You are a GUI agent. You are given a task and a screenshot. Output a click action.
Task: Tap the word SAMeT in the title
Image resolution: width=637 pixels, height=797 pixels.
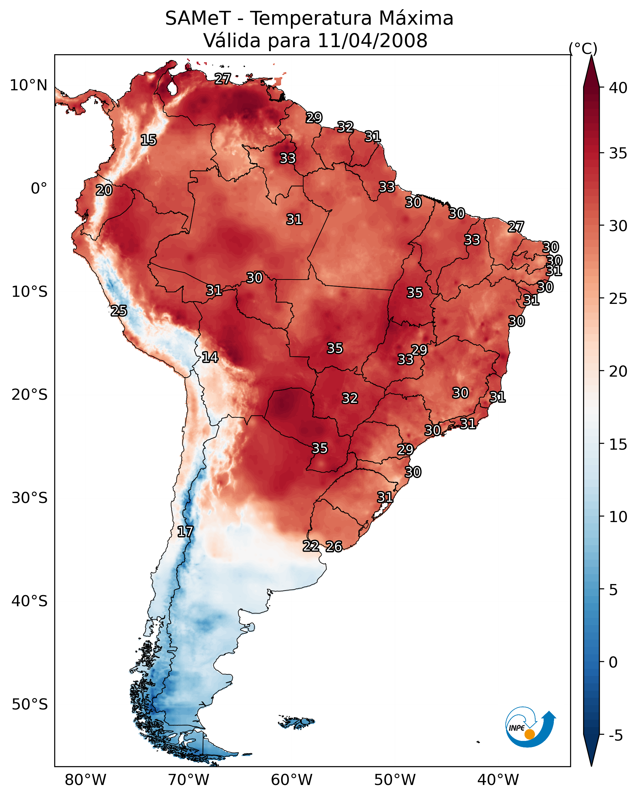pos(198,18)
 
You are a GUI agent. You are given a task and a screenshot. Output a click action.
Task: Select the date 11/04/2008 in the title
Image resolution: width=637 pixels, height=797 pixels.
pos(372,41)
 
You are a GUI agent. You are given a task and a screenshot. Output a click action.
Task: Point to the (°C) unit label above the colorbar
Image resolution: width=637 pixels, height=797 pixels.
pos(583,48)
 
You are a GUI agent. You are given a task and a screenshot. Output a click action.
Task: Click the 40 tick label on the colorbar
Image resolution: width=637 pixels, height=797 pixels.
pos(618,88)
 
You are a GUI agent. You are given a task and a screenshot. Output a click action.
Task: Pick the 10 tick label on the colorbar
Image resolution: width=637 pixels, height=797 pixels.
pos(618,517)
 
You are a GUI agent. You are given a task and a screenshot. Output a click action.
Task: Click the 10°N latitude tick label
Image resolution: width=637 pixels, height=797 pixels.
pos(28,85)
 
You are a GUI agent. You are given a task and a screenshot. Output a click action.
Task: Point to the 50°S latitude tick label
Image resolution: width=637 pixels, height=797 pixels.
pos(30,704)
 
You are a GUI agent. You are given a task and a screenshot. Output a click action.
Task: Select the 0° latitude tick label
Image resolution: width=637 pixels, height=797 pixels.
pos(39,189)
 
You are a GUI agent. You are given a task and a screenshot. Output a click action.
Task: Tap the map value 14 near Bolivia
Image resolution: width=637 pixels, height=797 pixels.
pos(210,357)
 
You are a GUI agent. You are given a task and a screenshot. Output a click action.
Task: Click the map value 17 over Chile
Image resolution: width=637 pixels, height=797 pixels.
pos(185,532)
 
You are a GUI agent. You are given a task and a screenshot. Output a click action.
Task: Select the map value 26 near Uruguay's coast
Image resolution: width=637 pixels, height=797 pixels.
pos(334,546)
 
